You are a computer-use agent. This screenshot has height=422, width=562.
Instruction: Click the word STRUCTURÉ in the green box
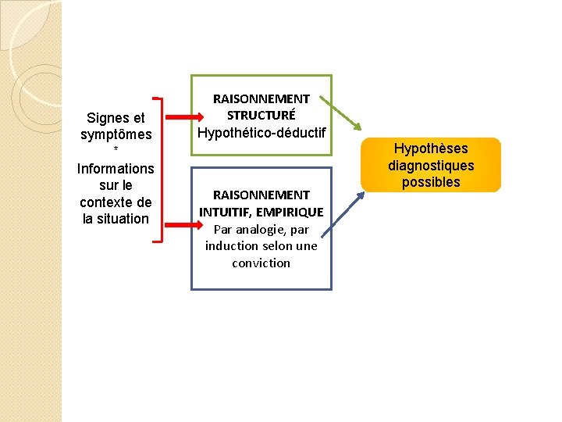click(x=261, y=116)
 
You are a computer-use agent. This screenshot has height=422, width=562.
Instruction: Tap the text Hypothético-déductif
click(x=261, y=134)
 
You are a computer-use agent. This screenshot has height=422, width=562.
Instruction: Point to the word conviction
click(x=261, y=263)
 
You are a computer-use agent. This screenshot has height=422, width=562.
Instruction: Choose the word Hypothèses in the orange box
click(x=431, y=148)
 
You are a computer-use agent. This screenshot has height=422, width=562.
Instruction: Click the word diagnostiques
click(x=431, y=166)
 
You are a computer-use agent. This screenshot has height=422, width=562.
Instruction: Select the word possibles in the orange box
click(x=431, y=183)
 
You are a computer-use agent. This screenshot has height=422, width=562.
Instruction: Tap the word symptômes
click(x=116, y=135)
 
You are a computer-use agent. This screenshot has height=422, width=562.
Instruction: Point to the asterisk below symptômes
click(x=116, y=150)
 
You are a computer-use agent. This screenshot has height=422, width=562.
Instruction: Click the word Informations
click(x=116, y=169)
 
